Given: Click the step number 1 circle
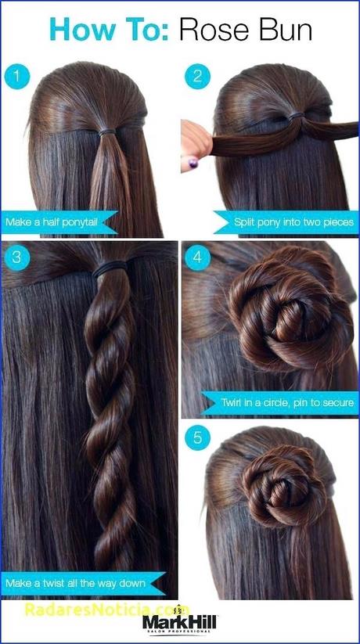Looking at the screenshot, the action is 17,76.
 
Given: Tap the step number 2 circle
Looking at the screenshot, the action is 198,76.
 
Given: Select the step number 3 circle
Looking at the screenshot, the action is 17,257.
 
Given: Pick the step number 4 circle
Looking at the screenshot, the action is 198,257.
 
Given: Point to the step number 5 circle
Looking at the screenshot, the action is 198,438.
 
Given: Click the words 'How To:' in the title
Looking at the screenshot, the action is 109,30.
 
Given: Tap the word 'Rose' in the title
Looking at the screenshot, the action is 218,30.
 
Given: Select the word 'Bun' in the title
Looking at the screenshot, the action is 289,30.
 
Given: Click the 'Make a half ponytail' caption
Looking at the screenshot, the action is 52,222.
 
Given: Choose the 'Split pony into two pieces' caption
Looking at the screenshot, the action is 293,222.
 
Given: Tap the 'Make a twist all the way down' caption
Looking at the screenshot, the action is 75,583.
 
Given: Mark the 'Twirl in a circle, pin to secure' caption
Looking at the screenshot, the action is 287,402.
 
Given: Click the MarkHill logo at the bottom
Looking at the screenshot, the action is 179,621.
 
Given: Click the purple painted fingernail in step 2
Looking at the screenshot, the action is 193,163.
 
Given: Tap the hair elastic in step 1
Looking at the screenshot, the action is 107,133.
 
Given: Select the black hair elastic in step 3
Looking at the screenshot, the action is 110,268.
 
